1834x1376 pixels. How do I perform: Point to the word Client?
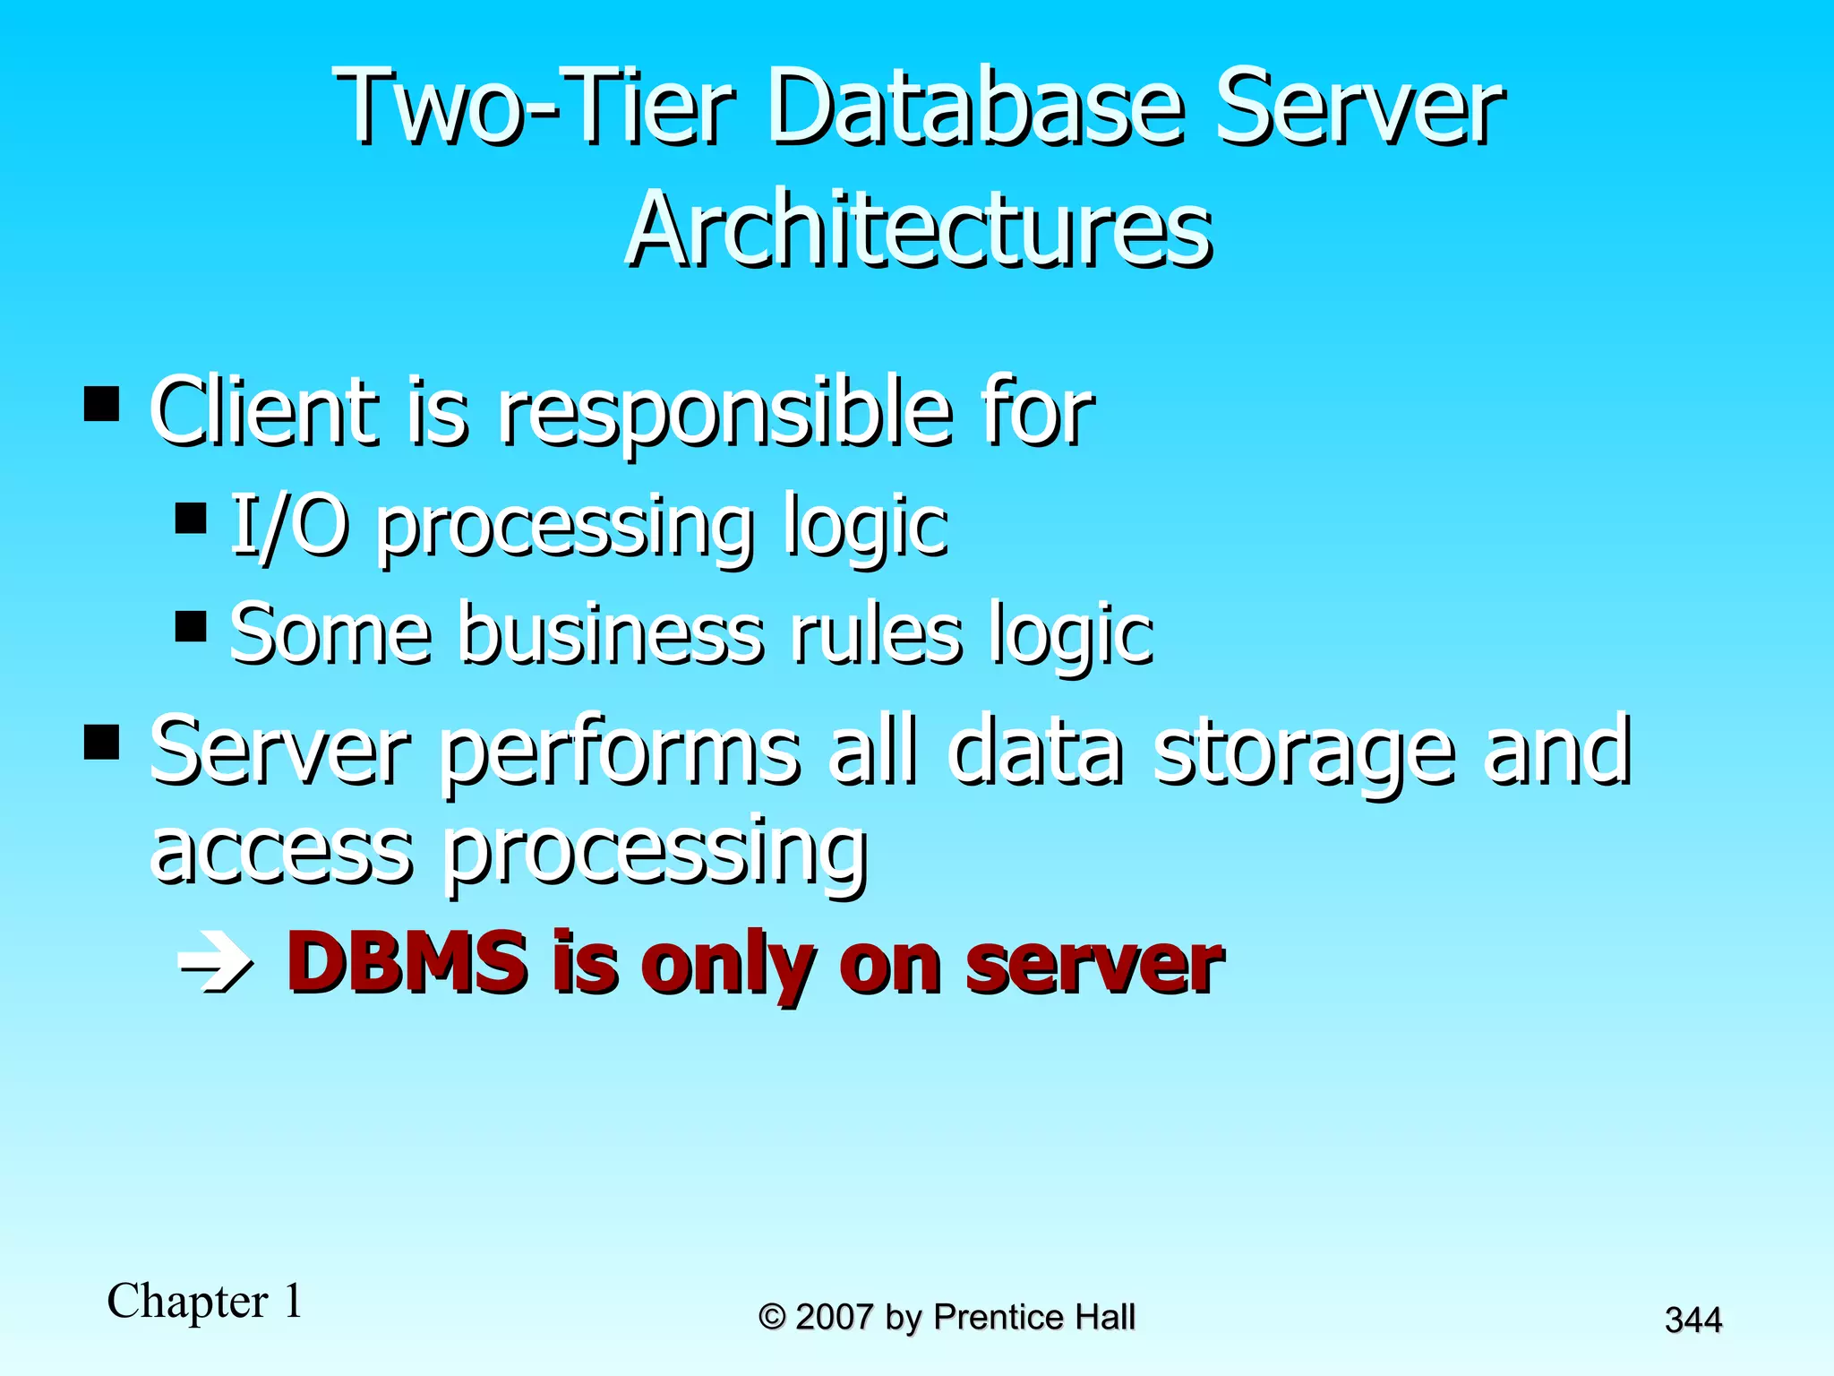tap(264, 412)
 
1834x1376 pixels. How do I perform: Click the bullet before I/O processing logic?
tap(191, 519)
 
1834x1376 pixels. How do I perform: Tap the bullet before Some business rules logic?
tap(191, 626)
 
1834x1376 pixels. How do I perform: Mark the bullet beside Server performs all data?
tap(102, 742)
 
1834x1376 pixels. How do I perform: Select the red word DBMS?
tap(407, 963)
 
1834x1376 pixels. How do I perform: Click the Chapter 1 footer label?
tap(205, 1301)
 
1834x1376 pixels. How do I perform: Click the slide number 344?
tap(1693, 1320)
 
